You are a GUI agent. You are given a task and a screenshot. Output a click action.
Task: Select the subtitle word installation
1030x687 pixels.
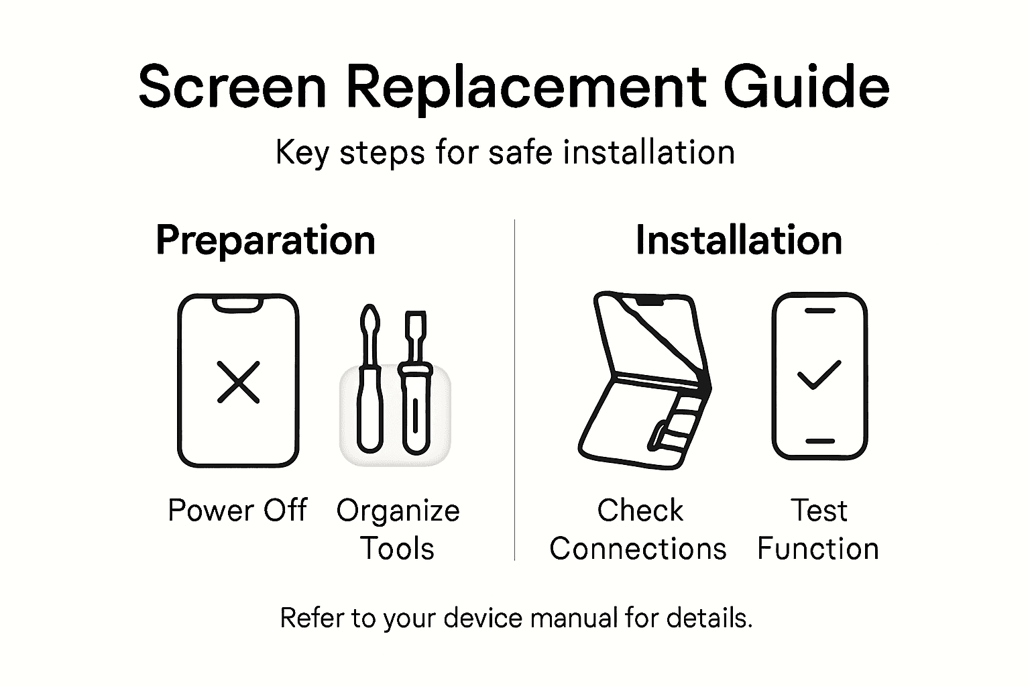click(x=648, y=152)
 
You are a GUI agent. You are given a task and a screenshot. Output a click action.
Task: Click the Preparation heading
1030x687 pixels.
click(x=265, y=240)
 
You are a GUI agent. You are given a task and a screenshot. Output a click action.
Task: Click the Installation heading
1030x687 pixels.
click(x=738, y=240)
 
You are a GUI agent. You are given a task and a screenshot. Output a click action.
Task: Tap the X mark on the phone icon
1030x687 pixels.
click(x=238, y=382)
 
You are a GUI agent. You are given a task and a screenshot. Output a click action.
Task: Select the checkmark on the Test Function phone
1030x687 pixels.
click(x=819, y=375)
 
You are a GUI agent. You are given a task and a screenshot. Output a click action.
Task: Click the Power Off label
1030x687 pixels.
click(x=237, y=511)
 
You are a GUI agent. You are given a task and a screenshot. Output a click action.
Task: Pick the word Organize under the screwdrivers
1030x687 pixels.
click(x=398, y=511)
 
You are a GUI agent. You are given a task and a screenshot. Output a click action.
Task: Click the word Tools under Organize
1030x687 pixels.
click(x=398, y=549)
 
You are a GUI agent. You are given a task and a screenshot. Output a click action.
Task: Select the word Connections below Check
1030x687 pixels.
click(x=638, y=549)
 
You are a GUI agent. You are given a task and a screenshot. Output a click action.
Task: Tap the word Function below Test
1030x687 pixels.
click(x=817, y=549)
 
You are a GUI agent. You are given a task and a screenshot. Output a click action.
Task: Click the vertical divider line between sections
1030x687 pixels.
click(x=514, y=389)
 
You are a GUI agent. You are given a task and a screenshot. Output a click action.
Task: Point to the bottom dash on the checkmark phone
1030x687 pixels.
click(x=819, y=441)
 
